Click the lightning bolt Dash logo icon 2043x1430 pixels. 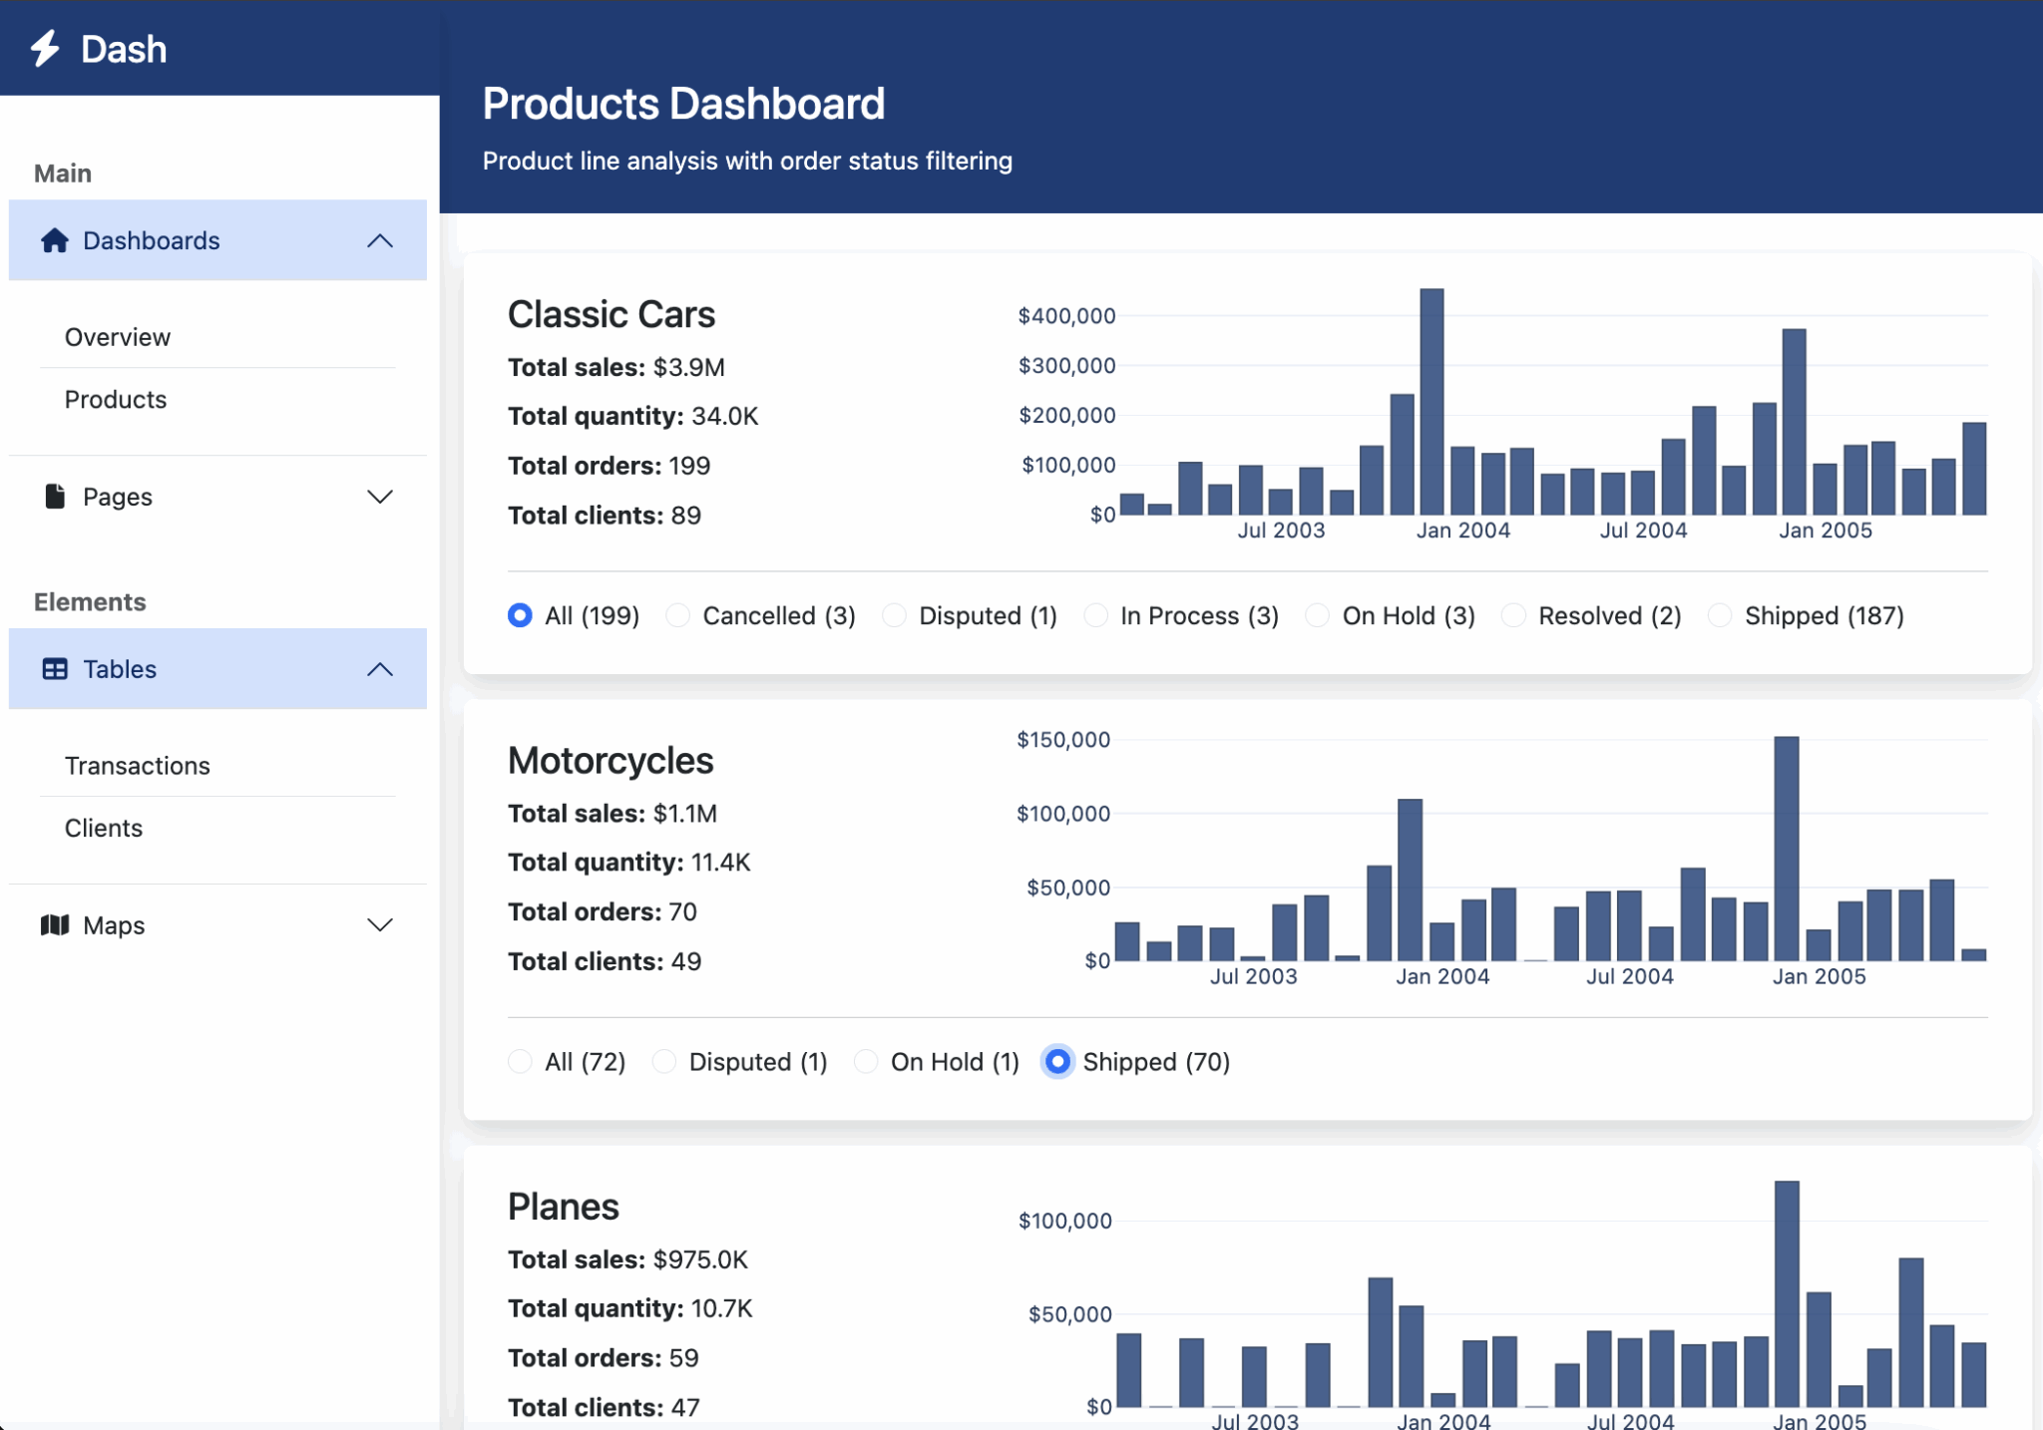coord(45,48)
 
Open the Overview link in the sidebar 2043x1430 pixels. coord(118,337)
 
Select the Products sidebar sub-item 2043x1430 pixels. coord(116,399)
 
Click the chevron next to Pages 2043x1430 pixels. coord(380,497)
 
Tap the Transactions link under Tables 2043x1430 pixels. coord(138,766)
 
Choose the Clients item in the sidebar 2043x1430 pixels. coord(104,828)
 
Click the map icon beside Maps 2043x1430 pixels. coord(55,925)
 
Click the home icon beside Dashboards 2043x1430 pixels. coord(55,240)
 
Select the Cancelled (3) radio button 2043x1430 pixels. coord(678,615)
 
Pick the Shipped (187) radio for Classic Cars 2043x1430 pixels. coord(1720,615)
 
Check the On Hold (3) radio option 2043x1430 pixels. coord(1317,615)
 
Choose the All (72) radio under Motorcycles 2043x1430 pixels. coord(520,1061)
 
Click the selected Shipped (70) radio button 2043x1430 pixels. coord(1057,1061)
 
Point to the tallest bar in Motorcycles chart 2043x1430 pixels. coord(1786,848)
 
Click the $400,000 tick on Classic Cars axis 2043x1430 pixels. coord(1066,316)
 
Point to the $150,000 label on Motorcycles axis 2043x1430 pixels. coord(1062,740)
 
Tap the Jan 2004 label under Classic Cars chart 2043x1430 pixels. coord(1462,531)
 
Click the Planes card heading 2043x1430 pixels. coord(564,1207)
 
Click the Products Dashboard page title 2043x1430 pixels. coord(683,104)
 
